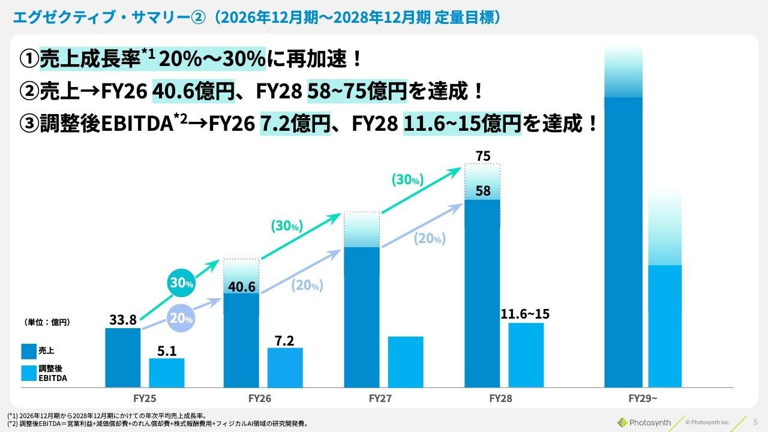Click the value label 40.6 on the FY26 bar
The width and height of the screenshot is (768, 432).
(x=241, y=287)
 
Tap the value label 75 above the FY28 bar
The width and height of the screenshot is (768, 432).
(x=483, y=157)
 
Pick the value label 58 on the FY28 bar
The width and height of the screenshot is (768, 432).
(x=483, y=191)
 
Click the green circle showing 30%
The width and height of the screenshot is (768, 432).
(x=181, y=284)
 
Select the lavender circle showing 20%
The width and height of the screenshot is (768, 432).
(x=181, y=319)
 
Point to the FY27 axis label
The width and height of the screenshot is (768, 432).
(x=380, y=398)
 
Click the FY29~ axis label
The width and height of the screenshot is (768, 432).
(x=643, y=398)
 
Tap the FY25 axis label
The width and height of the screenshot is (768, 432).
(x=145, y=398)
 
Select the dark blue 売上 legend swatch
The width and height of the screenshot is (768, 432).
(x=28, y=350)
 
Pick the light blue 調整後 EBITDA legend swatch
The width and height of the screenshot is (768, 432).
(x=28, y=373)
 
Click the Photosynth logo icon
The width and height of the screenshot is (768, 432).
(x=622, y=422)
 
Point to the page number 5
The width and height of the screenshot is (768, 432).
(x=755, y=422)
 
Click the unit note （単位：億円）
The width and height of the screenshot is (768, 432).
(x=47, y=322)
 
